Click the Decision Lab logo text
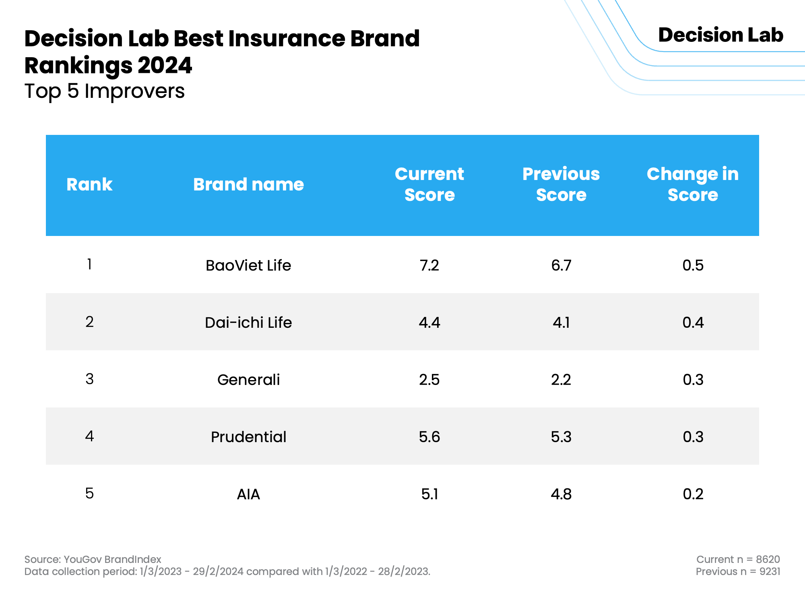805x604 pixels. pyautogui.click(x=721, y=35)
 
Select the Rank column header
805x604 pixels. pyautogui.click(x=89, y=184)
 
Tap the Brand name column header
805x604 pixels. pyautogui.click(x=248, y=184)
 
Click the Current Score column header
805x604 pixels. pyautogui.click(x=429, y=184)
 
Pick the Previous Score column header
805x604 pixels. pyautogui.click(x=561, y=184)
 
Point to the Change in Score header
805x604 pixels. pyautogui.click(x=693, y=184)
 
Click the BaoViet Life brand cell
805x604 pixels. pyautogui.click(x=248, y=265)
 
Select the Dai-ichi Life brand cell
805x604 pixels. pyautogui.click(x=248, y=323)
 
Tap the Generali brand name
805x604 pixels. pyautogui.click(x=248, y=380)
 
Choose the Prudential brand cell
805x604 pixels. pyautogui.click(x=248, y=437)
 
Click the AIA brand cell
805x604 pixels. pyautogui.click(x=248, y=494)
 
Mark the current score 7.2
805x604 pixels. pyautogui.click(x=429, y=265)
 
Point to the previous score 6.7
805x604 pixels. pyautogui.click(x=561, y=265)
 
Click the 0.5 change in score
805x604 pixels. pyautogui.click(x=693, y=265)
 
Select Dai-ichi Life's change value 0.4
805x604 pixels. pyautogui.click(x=693, y=323)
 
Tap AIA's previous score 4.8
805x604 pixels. pyautogui.click(x=561, y=494)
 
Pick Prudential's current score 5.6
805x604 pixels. pyautogui.click(x=429, y=437)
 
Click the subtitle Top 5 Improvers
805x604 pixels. pyautogui.click(x=105, y=91)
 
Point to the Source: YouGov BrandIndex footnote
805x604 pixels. pyautogui.click(x=93, y=559)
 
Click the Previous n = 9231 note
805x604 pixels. pyautogui.click(x=738, y=571)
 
